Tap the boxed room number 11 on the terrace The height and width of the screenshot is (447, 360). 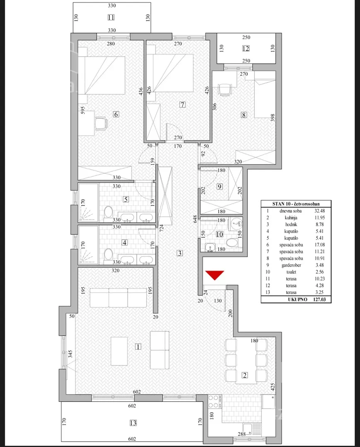tap(111, 17)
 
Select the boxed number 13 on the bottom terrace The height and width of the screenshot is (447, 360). tap(133, 423)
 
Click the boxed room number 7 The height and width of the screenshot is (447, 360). tap(182, 104)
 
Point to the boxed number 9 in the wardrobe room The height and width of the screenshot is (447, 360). tap(220, 186)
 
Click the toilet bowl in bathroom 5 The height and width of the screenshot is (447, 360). tap(108, 214)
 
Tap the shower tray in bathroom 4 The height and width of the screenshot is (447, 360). tap(88, 244)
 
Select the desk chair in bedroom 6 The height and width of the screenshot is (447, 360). tap(101, 124)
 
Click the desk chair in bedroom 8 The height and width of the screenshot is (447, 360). tap(224, 89)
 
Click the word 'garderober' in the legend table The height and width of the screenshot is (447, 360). tap(291, 265)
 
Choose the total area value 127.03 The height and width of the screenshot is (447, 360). tap(319, 299)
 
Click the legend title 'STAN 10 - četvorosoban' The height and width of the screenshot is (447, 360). tap(296, 204)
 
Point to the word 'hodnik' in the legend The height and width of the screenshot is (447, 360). tap(291, 224)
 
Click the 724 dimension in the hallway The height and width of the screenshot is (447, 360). tap(162, 229)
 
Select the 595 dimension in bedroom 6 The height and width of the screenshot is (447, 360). tap(83, 111)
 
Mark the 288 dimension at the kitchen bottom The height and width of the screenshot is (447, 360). tap(242, 434)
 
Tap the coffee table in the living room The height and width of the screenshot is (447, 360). tap(119, 351)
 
